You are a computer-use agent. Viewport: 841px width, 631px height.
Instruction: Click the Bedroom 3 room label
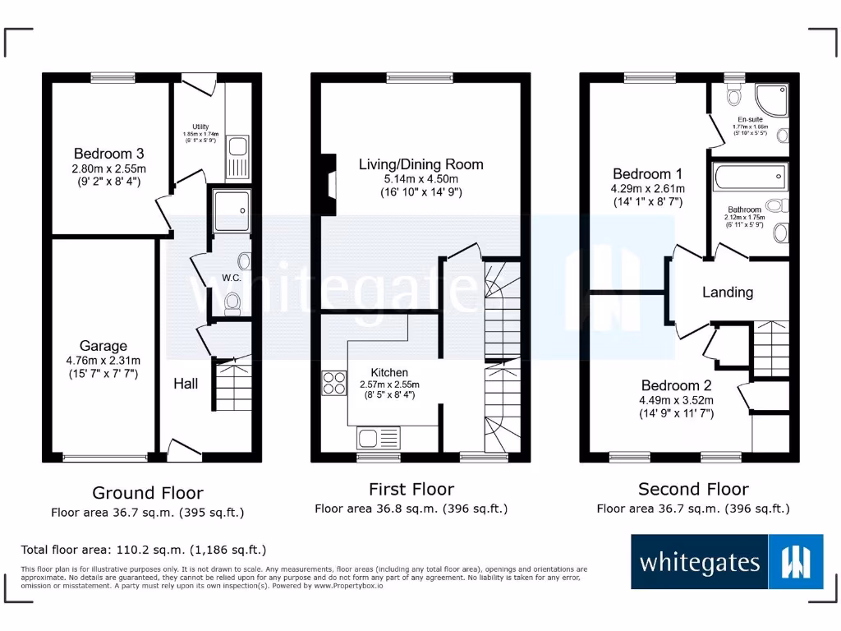click(108, 154)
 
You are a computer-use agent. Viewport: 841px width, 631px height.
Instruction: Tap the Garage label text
click(103, 346)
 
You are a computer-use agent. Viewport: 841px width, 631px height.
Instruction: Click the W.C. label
click(232, 278)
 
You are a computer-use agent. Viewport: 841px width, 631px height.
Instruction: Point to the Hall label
click(186, 384)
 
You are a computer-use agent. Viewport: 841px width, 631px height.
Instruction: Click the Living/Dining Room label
click(420, 164)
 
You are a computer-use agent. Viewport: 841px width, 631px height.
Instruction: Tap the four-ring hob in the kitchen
click(333, 384)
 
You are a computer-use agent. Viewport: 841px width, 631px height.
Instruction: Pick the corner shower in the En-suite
click(774, 101)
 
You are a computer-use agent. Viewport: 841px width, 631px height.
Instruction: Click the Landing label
click(728, 292)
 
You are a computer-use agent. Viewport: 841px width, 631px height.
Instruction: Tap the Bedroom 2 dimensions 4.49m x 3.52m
click(677, 401)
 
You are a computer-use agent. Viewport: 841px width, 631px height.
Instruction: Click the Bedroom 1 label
click(647, 174)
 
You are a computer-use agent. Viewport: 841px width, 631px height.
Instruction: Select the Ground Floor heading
click(147, 493)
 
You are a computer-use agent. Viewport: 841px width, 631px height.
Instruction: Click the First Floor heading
click(411, 490)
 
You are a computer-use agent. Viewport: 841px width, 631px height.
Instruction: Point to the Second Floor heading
click(693, 490)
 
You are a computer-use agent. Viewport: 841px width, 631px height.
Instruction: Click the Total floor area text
click(144, 550)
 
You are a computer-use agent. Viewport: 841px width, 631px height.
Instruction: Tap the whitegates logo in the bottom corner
click(727, 562)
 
